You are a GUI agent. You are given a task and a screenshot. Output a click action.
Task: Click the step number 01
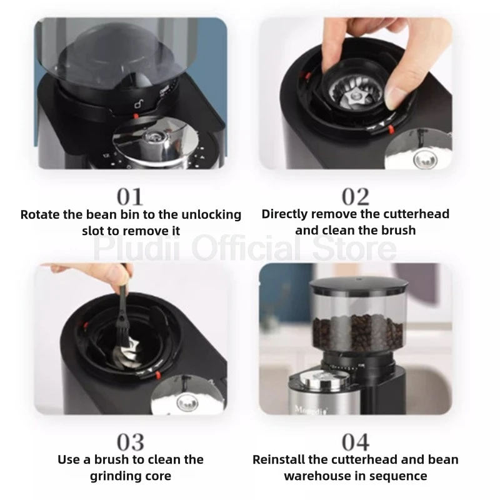click(x=130, y=197)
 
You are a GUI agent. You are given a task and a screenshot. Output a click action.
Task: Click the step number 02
click(x=356, y=197)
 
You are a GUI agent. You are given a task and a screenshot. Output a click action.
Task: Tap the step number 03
click(x=131, y=442)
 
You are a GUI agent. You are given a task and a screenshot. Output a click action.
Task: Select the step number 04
click(x=356, y=442)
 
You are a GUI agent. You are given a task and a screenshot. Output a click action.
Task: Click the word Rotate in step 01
click(x=40, y=214)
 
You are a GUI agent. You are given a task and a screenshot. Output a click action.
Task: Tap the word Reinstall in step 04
click(x=279, y=459)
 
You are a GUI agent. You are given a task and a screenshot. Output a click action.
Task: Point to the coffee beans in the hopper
click(x=357, y=332)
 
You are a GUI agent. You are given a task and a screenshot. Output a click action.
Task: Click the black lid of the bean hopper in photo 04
click(x=359, y=285)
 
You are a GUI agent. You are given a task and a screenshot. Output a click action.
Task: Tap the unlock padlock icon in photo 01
click(x=138, y=104)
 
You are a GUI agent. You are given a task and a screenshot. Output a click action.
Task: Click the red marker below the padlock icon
click(x=136, y=116)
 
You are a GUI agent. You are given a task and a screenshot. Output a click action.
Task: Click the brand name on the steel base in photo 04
click(x=311, y=410)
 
